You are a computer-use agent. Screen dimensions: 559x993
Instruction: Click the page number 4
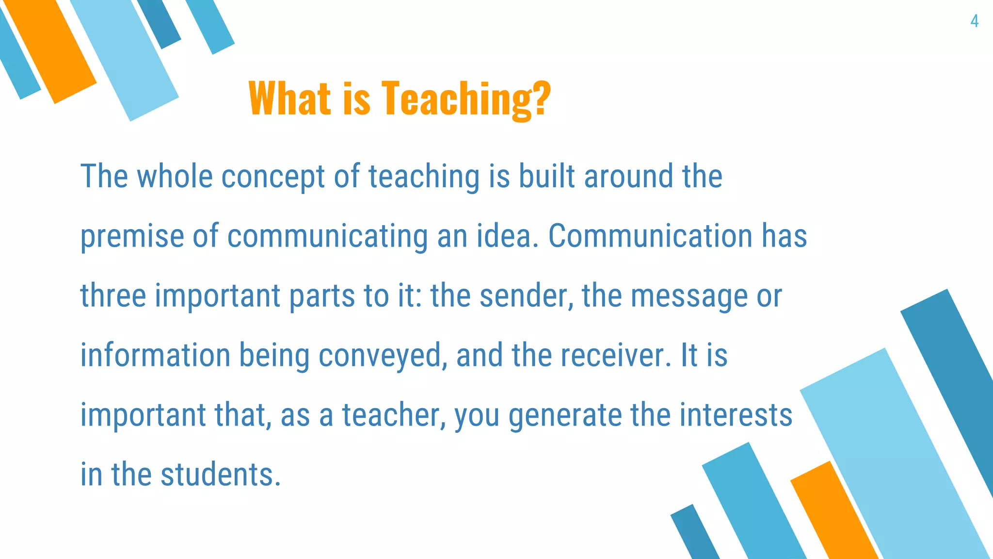[x=974, y=21]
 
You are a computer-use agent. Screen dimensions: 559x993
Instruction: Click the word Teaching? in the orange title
[x=466, y=99]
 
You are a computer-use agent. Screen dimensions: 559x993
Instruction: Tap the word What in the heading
[x=289, y=99]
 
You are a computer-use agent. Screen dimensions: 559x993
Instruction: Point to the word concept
[x=273, y=177]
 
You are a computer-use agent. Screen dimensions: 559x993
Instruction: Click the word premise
[x=132, y=237]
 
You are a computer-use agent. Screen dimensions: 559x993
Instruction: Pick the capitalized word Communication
[x=650, y=236]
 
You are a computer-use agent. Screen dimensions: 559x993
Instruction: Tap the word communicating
[x=327, y=237]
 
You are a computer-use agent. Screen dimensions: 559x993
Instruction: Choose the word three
[x=113, y=296]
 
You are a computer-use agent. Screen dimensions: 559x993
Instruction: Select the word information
[x=155, y=355]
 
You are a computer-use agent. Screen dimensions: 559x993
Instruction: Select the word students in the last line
[x=220, y=475]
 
